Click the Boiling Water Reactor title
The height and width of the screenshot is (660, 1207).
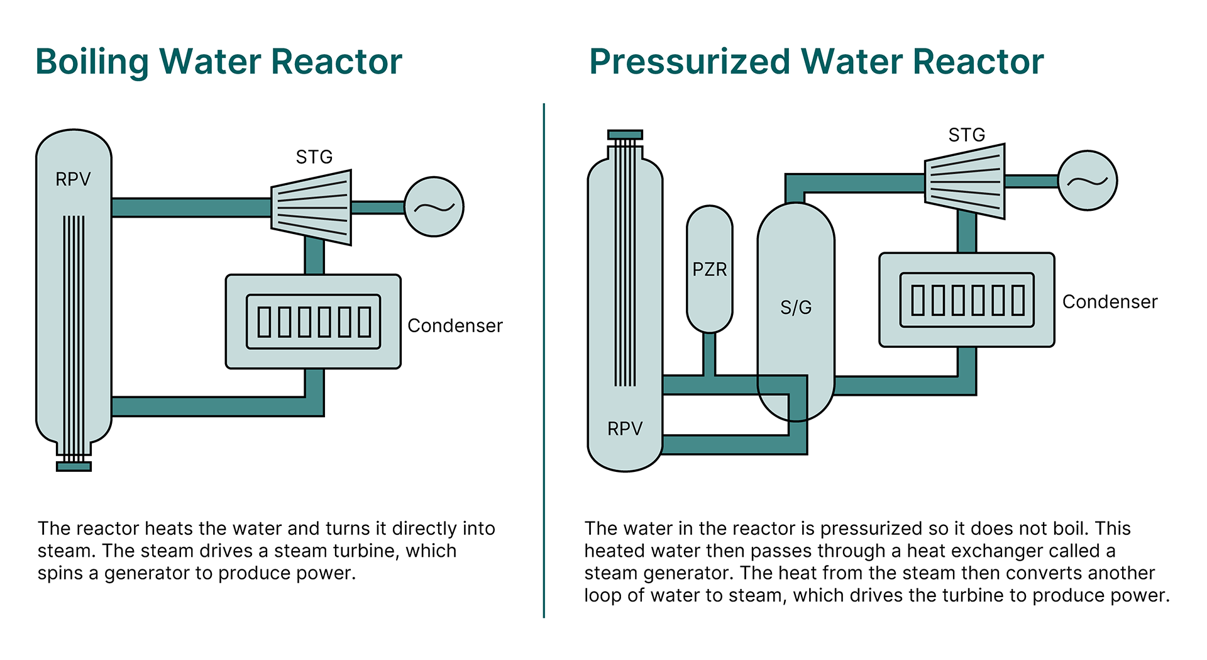pos(218,62)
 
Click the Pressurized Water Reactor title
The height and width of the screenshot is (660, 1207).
pos(816,62)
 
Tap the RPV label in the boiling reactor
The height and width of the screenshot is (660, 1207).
pos(73,179)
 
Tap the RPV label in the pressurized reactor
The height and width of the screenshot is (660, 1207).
pos(624,428)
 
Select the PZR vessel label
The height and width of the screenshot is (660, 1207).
pos(709,269)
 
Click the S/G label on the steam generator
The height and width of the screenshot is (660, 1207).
pos(796,307)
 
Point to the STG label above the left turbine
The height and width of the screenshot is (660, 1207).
pos(314,157)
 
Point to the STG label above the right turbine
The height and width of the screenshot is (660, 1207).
pos(966,135)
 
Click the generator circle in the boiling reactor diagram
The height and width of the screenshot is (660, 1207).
pos(434,207)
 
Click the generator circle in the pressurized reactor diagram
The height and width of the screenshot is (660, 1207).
pos(1087,181)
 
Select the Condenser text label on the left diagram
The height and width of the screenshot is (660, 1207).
pos(455,325)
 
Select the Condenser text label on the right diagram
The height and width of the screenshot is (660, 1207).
pos(1110,301)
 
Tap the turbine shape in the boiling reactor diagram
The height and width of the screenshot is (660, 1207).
pos(312,208)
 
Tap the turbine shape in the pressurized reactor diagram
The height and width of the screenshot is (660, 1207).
pos(965,181)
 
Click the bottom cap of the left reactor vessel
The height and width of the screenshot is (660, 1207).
pos(74,466)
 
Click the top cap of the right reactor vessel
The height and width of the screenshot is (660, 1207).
pos(625,135)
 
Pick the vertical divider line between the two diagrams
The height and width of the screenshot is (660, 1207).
pos(544,359)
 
